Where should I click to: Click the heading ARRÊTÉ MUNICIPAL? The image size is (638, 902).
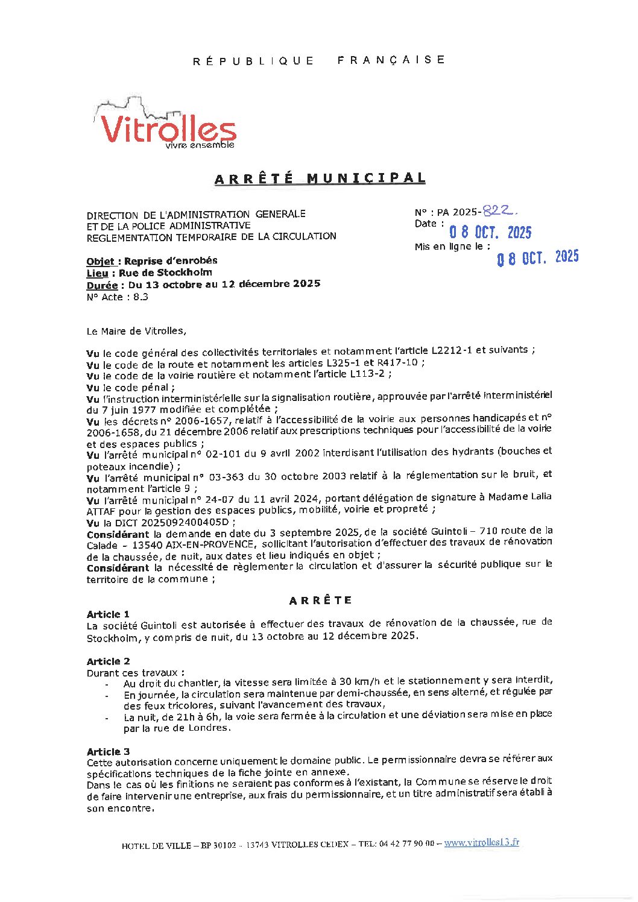320,178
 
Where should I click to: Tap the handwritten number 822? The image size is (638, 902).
500,210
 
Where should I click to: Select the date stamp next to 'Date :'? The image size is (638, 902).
490,232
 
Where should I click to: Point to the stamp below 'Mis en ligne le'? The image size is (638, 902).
537,257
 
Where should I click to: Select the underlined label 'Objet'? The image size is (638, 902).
100,261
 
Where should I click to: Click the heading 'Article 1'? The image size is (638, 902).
108,614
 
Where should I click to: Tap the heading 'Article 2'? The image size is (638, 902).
108,661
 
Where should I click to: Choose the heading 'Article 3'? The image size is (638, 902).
108,751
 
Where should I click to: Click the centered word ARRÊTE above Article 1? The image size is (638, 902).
320,600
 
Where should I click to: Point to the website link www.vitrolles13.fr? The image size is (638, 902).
481,843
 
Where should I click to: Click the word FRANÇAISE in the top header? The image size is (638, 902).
391,60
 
